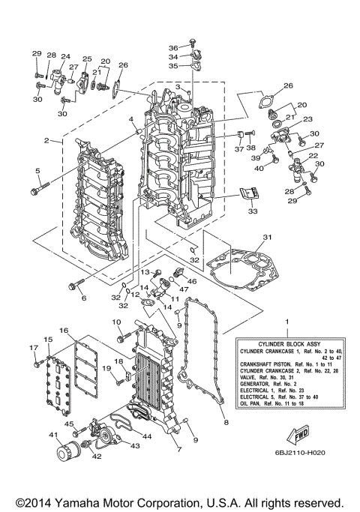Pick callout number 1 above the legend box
[285, 322]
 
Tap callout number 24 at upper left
[66, 57]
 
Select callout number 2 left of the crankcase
[46, 140]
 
